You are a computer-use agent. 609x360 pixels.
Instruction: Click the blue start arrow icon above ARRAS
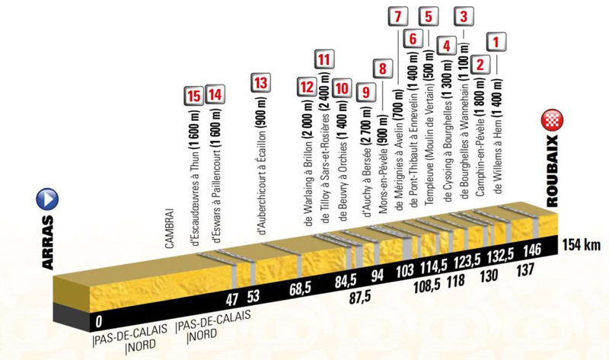point(47,199)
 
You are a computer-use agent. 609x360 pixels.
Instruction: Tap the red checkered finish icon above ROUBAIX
point(552,121)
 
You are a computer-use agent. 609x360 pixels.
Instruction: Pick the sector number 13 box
point(260,83)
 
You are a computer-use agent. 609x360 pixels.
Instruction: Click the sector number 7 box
point(397,17)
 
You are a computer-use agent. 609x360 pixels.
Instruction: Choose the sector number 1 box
point(496,42)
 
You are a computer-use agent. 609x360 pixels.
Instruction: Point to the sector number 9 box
point(365,93)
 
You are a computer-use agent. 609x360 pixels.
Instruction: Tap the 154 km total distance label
point(581,245)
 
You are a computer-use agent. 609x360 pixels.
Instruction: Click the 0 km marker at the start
point(99,321)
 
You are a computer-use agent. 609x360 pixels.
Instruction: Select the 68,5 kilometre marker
point(301,289)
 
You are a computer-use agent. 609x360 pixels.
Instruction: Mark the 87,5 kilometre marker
point(359,297)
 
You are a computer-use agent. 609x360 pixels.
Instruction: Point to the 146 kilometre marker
point(532,250)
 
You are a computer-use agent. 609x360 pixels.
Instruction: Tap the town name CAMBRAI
point(170,229)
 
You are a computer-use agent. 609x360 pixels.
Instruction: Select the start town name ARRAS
point(47,243)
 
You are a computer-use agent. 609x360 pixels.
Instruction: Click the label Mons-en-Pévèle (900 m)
point(384,164)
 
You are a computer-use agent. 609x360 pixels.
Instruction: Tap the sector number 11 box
point(324,60)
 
